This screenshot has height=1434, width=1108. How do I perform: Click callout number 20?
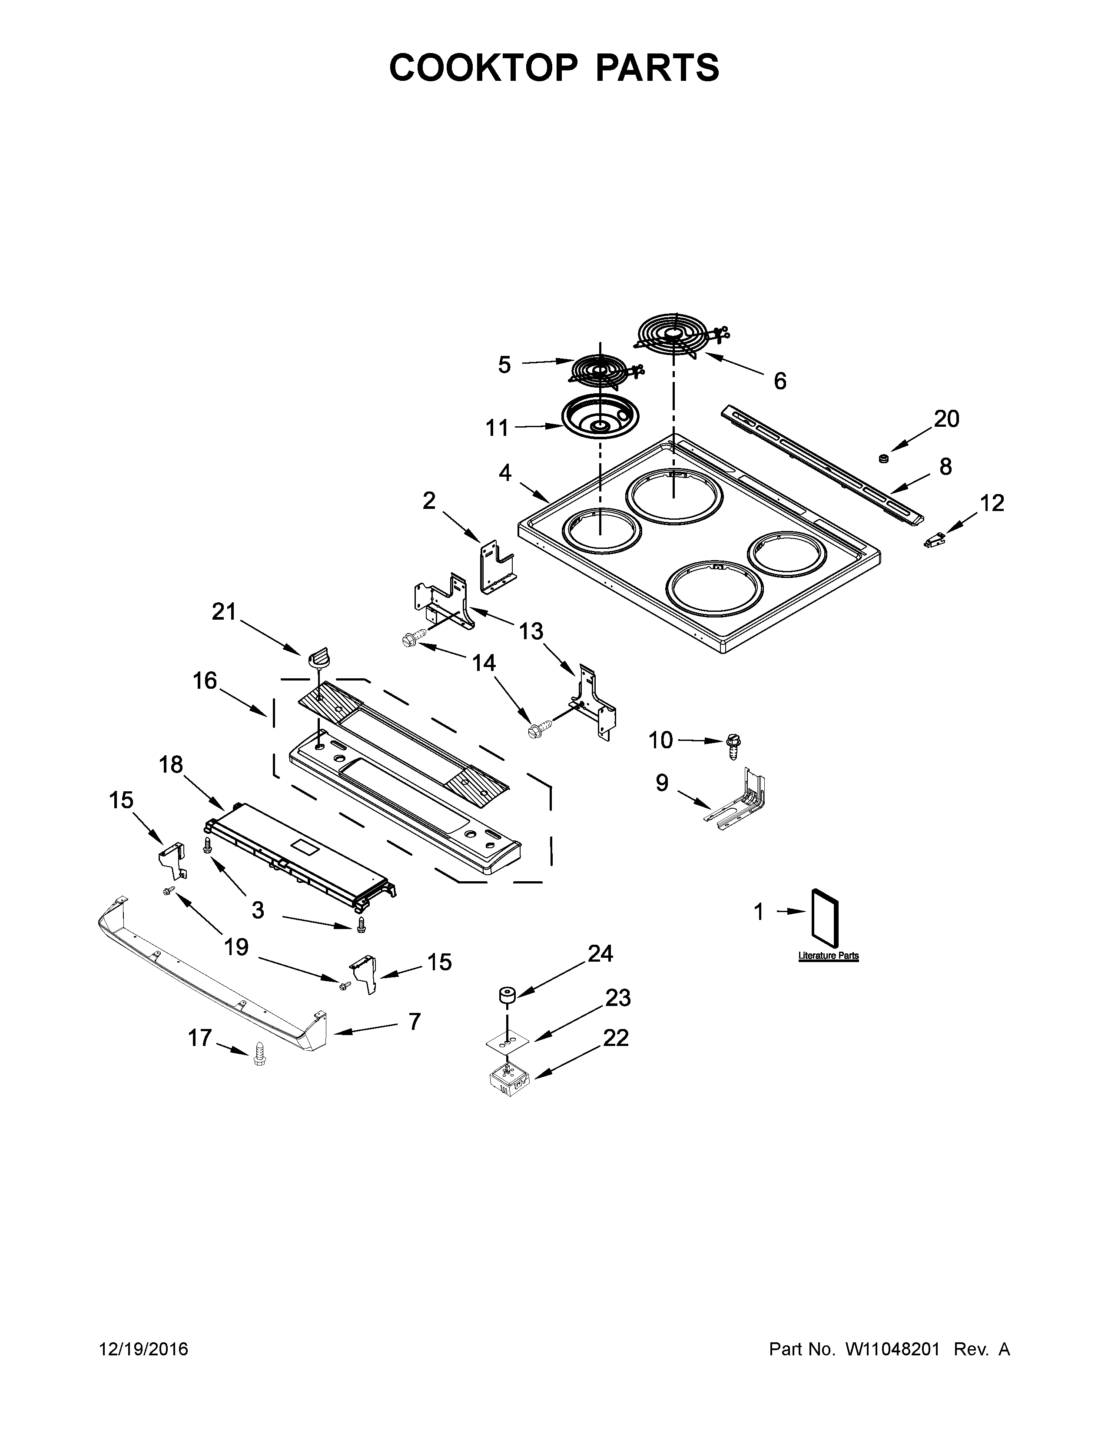point(946,419)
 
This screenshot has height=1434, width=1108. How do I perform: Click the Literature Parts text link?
point(828,956)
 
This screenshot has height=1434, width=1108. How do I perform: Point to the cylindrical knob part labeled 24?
point(506,995)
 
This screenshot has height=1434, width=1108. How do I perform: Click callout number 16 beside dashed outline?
point(205,681)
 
